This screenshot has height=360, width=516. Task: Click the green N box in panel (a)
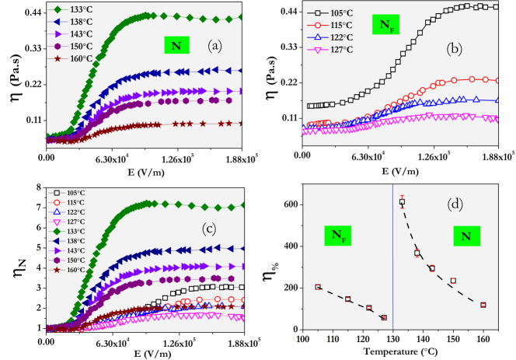176,46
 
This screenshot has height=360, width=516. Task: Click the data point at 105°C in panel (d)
317,287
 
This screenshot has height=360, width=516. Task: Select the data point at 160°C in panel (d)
483,305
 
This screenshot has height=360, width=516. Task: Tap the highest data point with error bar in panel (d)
402,202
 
